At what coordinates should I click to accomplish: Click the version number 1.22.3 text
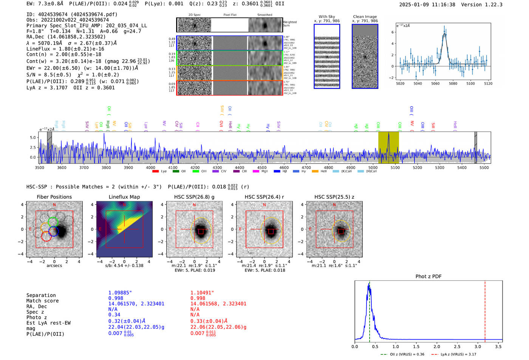click(x=493, y=5)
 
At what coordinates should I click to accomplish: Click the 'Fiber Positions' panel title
click(x=54, y=197)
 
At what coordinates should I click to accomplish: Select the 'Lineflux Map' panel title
click(x=124, y=197)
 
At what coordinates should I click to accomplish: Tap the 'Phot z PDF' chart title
click(x=428, y=277)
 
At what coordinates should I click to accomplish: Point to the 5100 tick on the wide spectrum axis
click(x=395, y=167)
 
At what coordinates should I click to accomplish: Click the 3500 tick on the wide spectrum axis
click(x=39, y=167)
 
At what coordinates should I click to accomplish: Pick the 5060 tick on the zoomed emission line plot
click(x=435, y=83)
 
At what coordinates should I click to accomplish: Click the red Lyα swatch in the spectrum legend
click(x=155, y=172)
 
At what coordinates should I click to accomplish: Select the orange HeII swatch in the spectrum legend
click(x=315, y=172)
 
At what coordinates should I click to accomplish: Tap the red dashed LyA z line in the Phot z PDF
click(x=485, y=310)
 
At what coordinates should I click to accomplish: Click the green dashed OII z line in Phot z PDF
click(x=370, y=310)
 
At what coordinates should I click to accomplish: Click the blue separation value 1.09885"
click(x=120, y=293)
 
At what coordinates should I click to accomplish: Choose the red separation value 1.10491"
click(x=202, y=293)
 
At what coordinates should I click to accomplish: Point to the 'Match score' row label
click(x=42, y=301)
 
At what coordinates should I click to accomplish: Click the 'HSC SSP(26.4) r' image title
click(x=264, y=197)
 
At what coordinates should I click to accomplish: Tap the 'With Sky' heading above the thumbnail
click(x=327, y=17)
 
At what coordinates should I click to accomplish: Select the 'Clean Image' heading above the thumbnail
click(x=365, y=17)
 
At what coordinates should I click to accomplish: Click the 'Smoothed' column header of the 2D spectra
click(x=264, y=15)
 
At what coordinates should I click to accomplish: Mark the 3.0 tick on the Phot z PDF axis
click(x=478, y=346)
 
